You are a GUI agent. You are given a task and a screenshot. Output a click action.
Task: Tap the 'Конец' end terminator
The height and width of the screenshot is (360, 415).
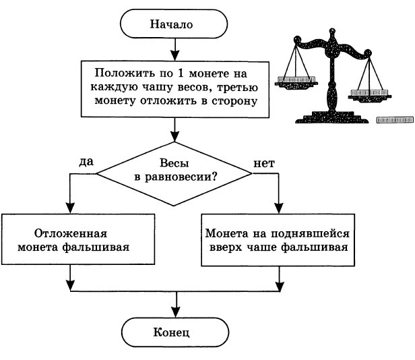click(176, 332)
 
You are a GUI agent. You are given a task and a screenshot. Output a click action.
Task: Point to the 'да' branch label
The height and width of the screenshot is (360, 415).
click(86, 162)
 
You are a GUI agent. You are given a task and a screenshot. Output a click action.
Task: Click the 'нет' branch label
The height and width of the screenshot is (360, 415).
click(264, 162)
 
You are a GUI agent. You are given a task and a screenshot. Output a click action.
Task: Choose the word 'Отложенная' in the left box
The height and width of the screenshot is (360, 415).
click(71, 233)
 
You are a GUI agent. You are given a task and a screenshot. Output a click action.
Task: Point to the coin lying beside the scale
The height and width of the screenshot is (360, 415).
click(393, 119)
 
